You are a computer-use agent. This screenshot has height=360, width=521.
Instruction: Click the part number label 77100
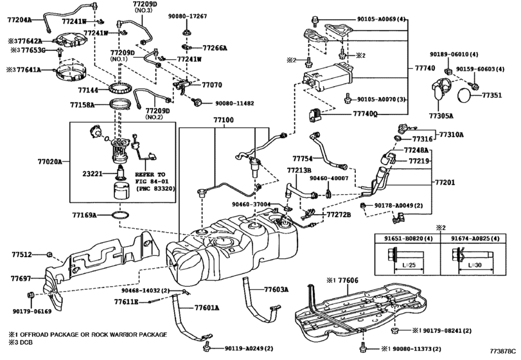224,120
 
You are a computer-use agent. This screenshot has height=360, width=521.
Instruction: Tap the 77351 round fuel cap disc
464,95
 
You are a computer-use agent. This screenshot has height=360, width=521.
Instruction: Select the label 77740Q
365,114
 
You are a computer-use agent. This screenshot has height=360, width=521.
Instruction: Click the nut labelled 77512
49,255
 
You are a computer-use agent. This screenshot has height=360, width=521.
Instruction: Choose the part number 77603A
276,289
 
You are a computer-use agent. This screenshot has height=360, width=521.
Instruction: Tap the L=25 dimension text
409,265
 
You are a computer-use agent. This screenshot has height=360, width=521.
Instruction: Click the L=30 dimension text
475,265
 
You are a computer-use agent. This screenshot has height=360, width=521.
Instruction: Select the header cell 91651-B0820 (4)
409,239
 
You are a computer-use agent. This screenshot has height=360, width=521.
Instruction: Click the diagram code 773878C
503,351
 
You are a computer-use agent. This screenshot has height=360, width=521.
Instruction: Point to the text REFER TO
150,174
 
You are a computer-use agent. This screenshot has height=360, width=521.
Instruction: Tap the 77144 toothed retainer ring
119,89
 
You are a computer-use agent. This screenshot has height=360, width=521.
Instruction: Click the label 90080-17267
188,16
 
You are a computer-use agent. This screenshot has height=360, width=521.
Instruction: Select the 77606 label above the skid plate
348,280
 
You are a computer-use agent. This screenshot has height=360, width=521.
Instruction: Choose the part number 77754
303,159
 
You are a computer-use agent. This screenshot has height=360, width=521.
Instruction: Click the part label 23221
93,174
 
